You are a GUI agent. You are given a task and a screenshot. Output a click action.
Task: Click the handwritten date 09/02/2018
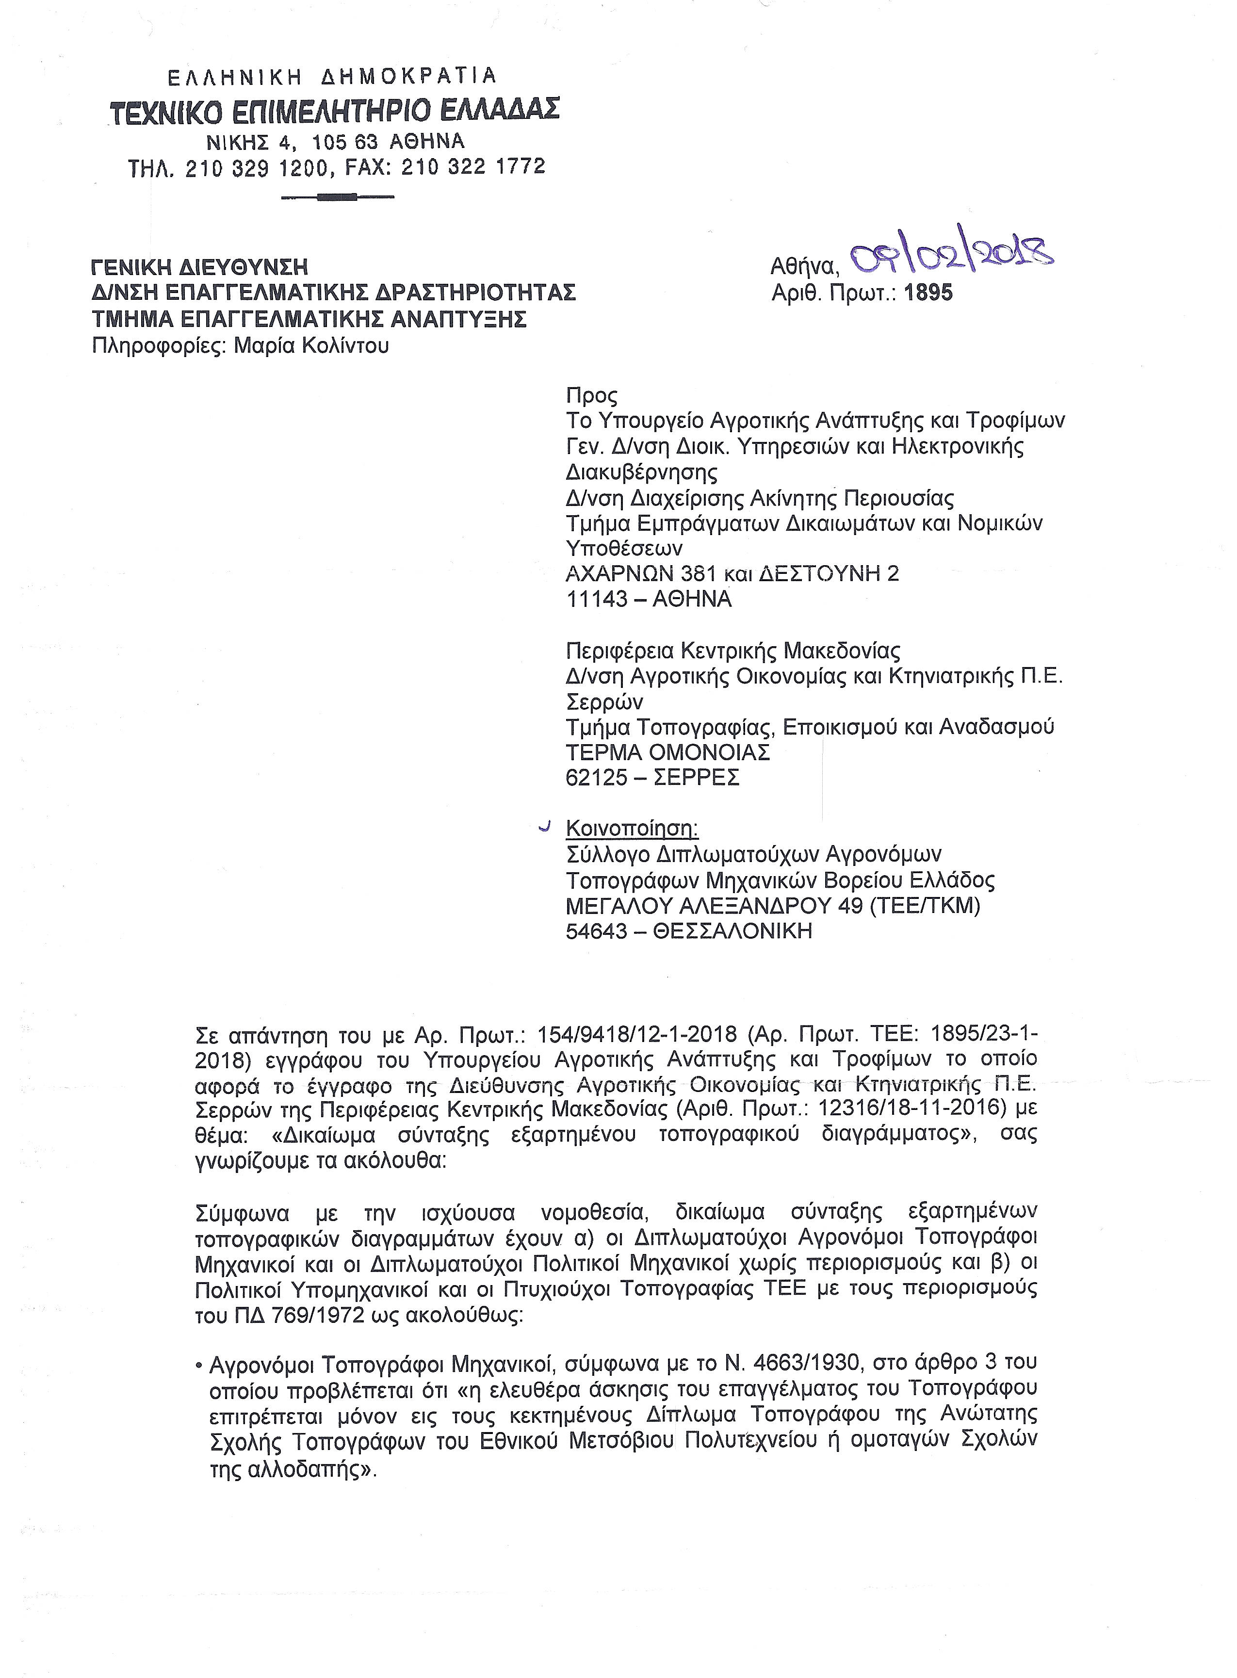pos(952,257)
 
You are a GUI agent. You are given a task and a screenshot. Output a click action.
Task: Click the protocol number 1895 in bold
pos(928,293)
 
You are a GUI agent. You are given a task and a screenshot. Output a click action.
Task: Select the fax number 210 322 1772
pos(473,167)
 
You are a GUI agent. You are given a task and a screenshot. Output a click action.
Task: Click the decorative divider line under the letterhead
pos(337,197)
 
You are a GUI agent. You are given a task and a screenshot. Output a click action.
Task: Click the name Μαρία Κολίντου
pos(311,345)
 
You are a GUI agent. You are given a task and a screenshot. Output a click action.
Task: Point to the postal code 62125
pos(597,777)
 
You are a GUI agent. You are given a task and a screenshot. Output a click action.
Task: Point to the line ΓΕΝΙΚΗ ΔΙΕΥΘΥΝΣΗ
pos(199,266)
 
